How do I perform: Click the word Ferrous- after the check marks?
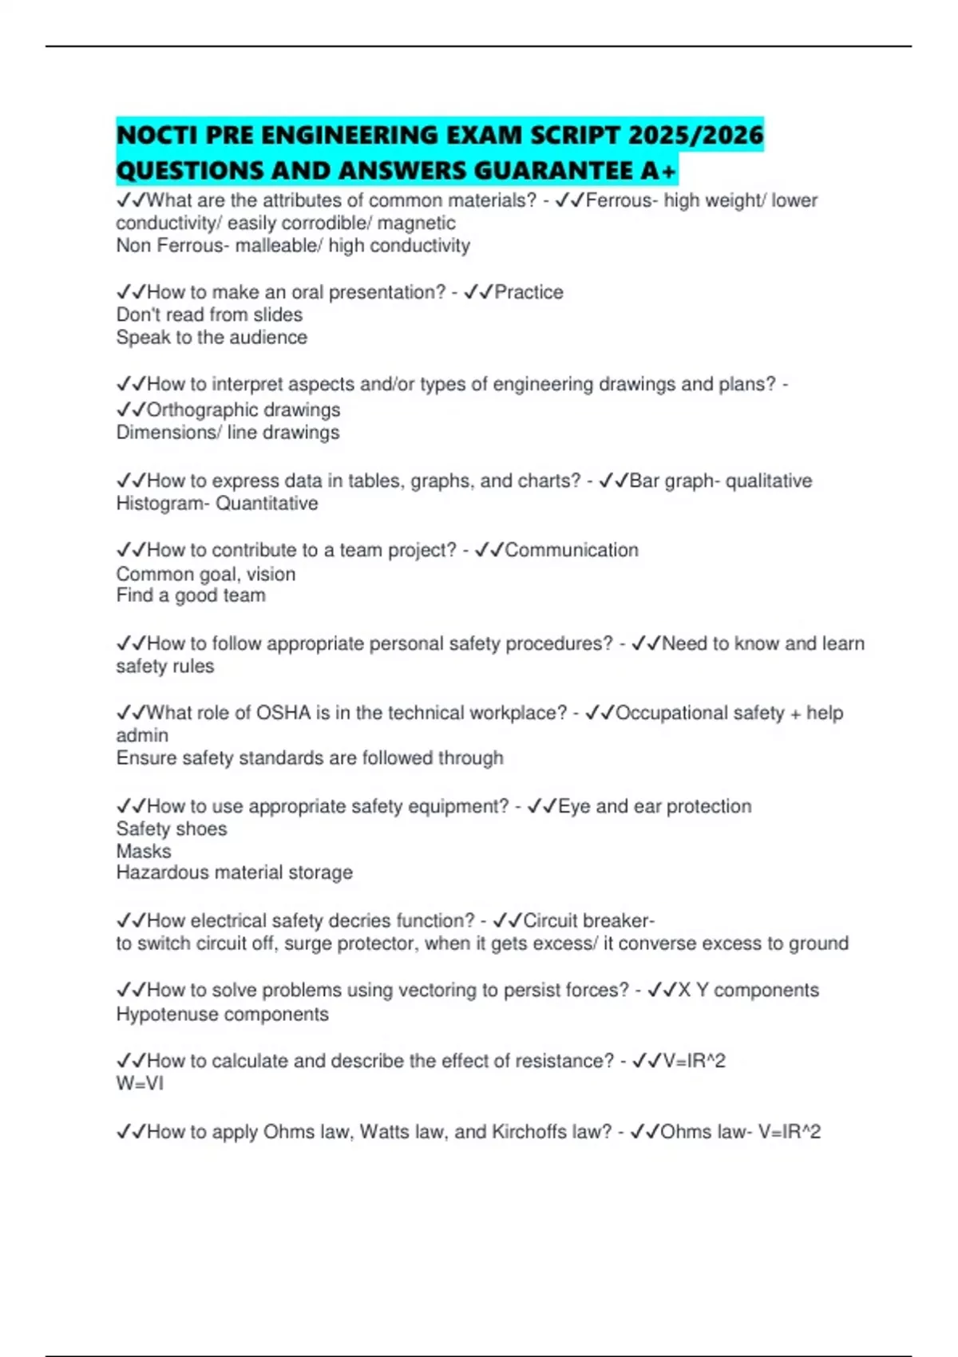pyautogui.click(x=622, y=200)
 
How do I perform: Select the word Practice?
pyautogui.click(x=528, y=292)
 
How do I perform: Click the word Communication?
pyautogui.click(x=572, y=550)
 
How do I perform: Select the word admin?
pyautogui.click(x=142, y=735)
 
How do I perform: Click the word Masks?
pyautogui.click(x=144, y=851)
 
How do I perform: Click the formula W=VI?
pyautogui.click(x=140, y=1083)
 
